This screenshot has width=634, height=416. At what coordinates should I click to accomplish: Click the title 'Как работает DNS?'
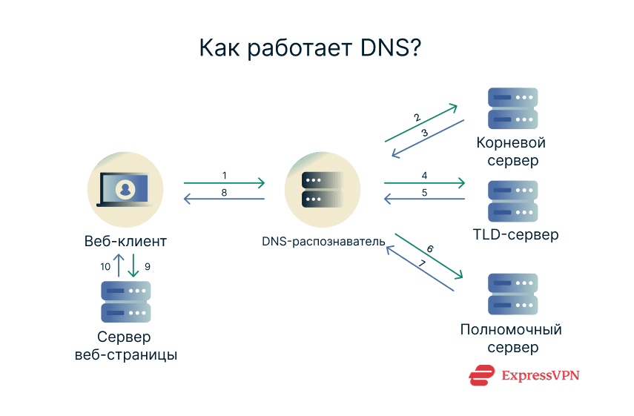click(310, 47)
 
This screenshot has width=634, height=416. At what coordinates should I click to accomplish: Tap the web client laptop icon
click(125, 188)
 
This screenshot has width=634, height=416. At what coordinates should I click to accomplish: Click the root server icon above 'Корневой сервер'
click(512, 109)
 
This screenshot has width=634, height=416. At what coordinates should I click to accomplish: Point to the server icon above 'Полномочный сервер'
click(512, 295)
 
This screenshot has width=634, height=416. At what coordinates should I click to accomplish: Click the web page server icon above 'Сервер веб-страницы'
click(125, 301)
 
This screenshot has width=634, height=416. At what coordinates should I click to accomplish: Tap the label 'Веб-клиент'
click(125, 242)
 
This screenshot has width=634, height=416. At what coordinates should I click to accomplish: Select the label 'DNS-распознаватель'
click(323, 242)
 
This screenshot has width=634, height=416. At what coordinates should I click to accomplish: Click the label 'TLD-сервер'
click(515, 236)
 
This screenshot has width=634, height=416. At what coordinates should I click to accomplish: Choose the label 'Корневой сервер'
click(512, 151)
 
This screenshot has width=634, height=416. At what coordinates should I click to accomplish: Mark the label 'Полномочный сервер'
click(512, 338)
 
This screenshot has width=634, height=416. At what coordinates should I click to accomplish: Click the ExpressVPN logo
click(524, 376)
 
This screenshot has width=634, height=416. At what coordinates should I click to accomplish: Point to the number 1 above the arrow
click(225, 175)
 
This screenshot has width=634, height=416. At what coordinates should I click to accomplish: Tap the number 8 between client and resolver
click(225, 192)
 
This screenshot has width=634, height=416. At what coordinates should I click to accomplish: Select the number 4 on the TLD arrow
click(424, 176)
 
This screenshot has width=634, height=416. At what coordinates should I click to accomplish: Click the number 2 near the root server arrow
click(417, 117)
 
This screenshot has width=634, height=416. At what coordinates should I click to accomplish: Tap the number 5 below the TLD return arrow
click(424, 192)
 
